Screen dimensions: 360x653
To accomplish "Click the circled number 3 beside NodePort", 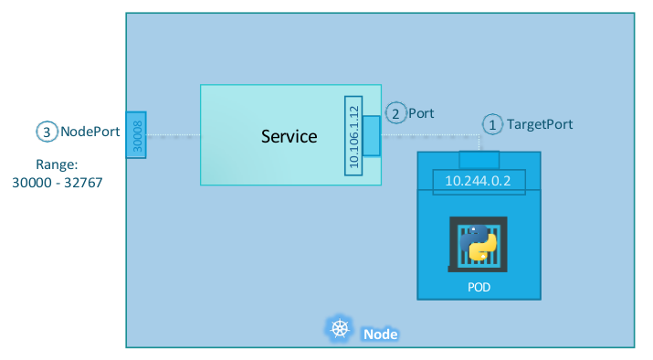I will tap(47, 132).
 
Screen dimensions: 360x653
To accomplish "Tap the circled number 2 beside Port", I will tap(395, 113).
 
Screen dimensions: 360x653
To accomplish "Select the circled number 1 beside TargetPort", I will tap(492, 123).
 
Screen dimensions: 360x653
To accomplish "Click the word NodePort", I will tap(90, 132).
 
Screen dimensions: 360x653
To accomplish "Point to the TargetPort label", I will tap(540, 123).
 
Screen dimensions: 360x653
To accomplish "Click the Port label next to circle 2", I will tap(421, 113).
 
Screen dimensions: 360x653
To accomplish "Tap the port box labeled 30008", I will tap(135, 134).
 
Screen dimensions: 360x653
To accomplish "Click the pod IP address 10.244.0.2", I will tap(479, 181).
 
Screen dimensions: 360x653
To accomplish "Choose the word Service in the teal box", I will tap(289, 136).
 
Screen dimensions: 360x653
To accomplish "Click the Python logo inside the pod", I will tap(479, 243).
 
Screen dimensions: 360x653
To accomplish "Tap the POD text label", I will tap(479, 287).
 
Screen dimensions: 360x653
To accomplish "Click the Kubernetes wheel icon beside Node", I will tap(340, 330).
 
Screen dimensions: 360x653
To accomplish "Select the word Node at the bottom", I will tap(380, 334).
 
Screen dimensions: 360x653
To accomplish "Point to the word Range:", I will tap(56, 164).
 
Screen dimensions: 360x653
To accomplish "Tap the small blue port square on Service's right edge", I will tap(371, 136).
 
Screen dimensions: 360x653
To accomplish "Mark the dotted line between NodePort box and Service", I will tap(173, 136).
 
